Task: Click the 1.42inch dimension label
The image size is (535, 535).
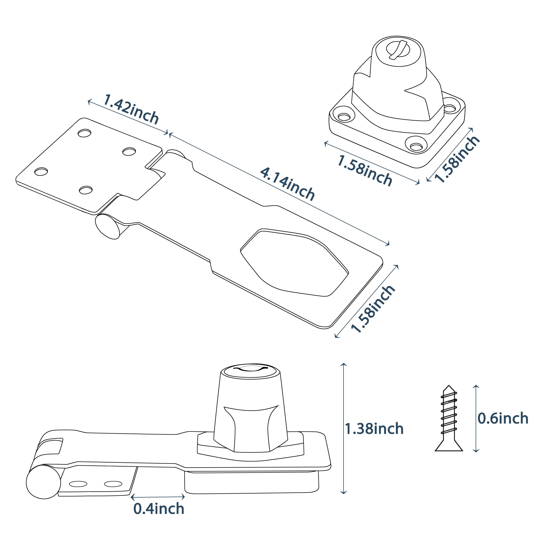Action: (x=131, y=109)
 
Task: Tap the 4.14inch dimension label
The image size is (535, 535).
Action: (x=288, y=184)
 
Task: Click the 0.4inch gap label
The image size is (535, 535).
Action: (x=159, y=509)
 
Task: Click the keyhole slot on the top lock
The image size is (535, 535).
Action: (x=398, y=50)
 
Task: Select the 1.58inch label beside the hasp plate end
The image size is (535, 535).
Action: (x=372, y=308)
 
